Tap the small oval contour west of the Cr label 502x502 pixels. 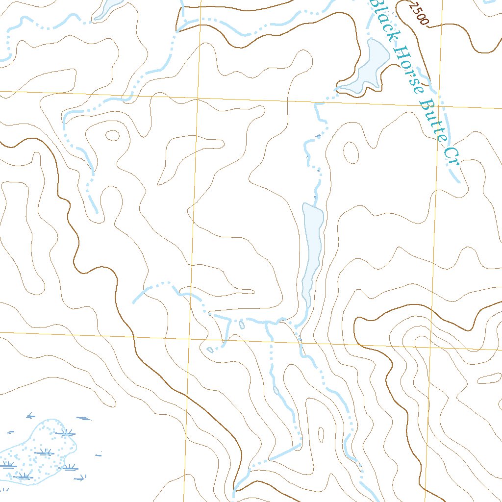[351, 152]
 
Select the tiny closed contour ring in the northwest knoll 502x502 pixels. [112, 135]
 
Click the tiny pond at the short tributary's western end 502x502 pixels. [210, 350]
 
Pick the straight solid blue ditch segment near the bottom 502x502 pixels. [285, 452]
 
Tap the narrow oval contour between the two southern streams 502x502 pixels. [321, 434]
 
